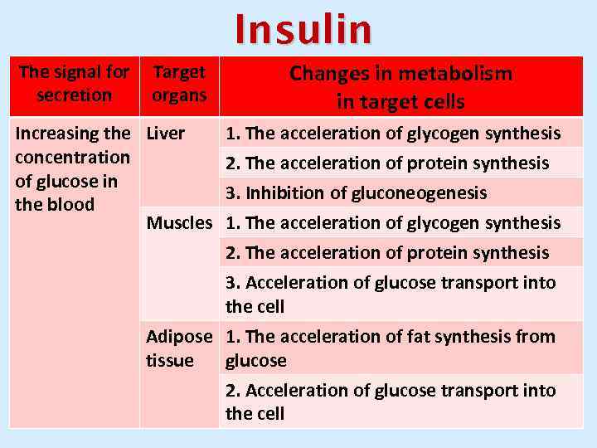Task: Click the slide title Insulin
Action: pyautogui.click(x=303, y=30)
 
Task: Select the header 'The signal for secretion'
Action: pyautogui.click(x=74, y=84)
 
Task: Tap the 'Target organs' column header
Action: pyautogui.click(x=179, y=84)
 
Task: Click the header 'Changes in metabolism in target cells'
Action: pyautogui.click(x=400, y=87)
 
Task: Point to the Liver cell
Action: pyautogui.click(x=166, y=134)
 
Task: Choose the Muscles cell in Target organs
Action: pyautogui.click(x=180, y=223)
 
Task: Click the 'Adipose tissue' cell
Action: pyautogui.click(x=179, y=348)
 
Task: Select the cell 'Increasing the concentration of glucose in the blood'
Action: pyautogui.click(x=73, y=169)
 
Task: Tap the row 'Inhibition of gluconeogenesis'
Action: pyautogui.click(x=357, y=193)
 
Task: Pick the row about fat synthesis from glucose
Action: pyautogui.click(x=391, y=348)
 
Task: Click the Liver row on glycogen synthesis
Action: pyautogui.click(x=393, y=134)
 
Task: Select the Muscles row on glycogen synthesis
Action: pyautogui.click(x=393, y=223)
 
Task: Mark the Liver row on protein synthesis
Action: pyautogui.click(x=387, y=163)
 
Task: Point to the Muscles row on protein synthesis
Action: pyautogui.click(x=387, y=253)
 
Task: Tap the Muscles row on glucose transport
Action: pyautogui.click(x=391, y=295)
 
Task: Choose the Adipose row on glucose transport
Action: pyautogui.click(x=391, y=402)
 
